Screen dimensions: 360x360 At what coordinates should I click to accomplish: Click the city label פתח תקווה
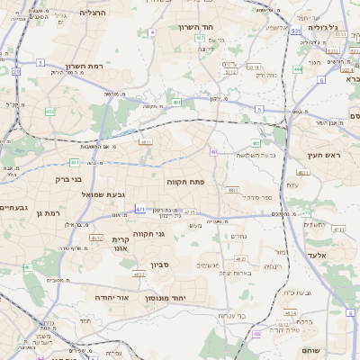coord(186,182)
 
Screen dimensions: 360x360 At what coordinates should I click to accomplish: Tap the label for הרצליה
coord(93,13)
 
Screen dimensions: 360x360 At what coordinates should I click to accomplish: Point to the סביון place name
coord(161,265)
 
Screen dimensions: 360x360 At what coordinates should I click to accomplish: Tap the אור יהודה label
coord(112,296)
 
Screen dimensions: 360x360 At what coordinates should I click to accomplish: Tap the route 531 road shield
coord(296,31)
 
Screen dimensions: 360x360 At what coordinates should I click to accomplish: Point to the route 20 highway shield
coord(16,70)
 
